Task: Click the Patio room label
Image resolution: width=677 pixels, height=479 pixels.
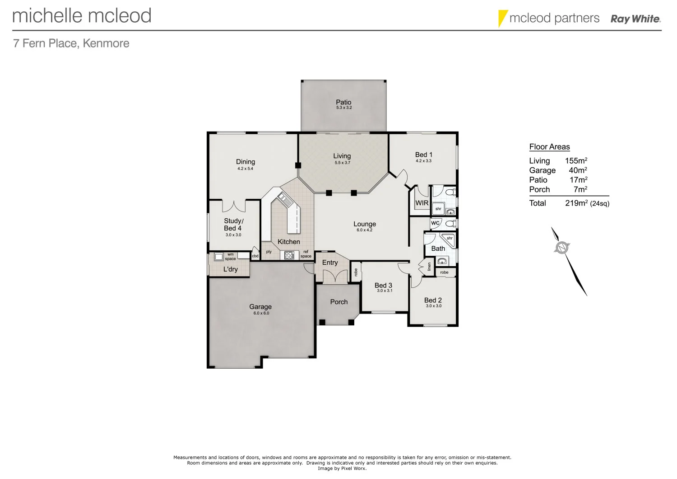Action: [x=343, y=102]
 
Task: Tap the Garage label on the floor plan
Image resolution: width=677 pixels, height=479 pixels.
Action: [x=260, y=307]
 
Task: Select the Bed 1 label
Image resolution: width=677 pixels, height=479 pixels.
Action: [x=423, y=155]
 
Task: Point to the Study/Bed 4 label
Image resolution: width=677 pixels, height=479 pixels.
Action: [x=233, y=225]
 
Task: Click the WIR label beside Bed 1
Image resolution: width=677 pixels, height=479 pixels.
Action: [x=422, y=203]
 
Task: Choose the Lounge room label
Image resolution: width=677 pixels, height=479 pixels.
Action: [x=365, y=224]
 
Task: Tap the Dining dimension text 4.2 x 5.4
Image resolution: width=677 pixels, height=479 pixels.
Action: [x=246, y=169]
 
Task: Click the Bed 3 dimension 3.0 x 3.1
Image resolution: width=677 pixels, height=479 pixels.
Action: [x=385, y=291]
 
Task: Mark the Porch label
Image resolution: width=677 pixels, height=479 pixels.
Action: [x=339, y=302]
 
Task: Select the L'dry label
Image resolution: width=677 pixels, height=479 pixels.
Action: [x=230, y=269]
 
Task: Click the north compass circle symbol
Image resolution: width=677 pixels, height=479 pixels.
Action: [x=562, y=247]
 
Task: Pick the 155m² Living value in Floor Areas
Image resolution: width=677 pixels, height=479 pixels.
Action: [x=576, y=160]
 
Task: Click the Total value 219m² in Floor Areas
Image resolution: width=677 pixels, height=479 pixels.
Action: [x=576, y=203]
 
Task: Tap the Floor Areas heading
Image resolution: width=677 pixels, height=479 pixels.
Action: [x=549, y=147]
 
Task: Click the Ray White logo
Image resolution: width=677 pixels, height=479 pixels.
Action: [x=635, y=19]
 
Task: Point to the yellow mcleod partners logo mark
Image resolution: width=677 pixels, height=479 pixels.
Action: [x=502, y=18]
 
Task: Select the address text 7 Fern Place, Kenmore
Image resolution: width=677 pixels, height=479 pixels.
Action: [x=71, y=43]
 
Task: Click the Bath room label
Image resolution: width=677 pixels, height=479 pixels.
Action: [x=438, y=249]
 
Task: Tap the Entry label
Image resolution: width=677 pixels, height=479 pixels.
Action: [x=330, y=263]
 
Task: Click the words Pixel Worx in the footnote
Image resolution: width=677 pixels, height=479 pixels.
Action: [x=354, y=469]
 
